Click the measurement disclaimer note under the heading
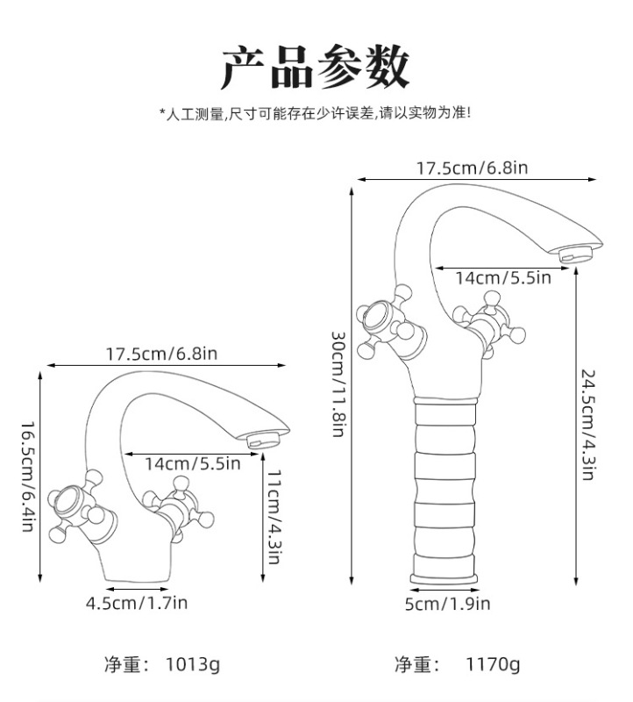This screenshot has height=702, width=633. click(x=315, y=114)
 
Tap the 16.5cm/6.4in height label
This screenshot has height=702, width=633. click(x=28, y=476)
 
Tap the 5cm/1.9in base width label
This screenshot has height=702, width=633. click(x=447, y=603)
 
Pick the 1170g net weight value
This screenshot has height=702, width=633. click(x=491, y=664)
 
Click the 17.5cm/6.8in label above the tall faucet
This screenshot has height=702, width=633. click(x=471, y=168)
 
